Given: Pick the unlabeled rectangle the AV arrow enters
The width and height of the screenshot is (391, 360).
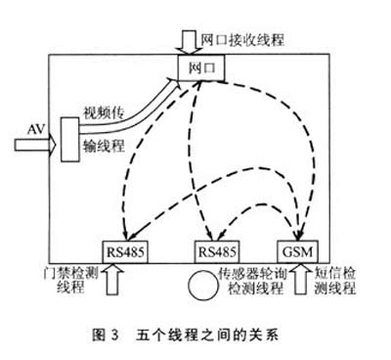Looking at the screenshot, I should tap(68, 143).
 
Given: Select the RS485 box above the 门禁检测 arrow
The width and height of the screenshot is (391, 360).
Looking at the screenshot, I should tap(123, 247).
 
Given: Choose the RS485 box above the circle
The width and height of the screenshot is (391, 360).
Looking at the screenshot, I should tap(217, 247).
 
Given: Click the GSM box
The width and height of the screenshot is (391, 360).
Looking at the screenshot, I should tap(294, 247).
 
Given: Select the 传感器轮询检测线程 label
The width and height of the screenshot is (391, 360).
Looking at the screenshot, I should tap(252, 281).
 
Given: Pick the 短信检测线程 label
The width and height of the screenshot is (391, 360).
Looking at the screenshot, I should tap(343, 281).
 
